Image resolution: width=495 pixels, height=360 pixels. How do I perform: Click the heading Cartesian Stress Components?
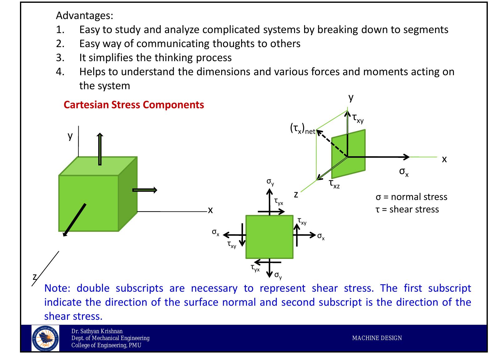134,105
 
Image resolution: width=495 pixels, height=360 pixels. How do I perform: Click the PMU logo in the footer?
45,338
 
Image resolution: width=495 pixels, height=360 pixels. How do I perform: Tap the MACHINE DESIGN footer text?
377,338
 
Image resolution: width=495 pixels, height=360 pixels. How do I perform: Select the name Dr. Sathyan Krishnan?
97,331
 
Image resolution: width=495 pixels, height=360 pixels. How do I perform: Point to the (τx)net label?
302,129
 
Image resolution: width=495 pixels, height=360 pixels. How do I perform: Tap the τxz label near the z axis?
334,184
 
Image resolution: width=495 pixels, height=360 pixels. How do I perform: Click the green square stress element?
269,237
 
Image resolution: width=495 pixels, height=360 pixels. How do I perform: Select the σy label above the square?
270,182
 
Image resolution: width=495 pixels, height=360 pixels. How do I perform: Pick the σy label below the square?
278,275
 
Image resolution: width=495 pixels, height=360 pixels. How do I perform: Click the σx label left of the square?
216,232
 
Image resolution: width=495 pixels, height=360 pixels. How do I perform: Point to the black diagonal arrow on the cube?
74,220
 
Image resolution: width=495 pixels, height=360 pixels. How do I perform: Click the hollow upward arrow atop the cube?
100,149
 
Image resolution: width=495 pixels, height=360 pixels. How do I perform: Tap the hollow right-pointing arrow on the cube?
145,190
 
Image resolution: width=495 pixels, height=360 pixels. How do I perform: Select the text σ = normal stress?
411,197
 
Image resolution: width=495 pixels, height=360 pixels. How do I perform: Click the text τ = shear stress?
407,209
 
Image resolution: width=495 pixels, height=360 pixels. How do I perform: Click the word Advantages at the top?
84,15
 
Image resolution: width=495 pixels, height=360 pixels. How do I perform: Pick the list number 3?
60,58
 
